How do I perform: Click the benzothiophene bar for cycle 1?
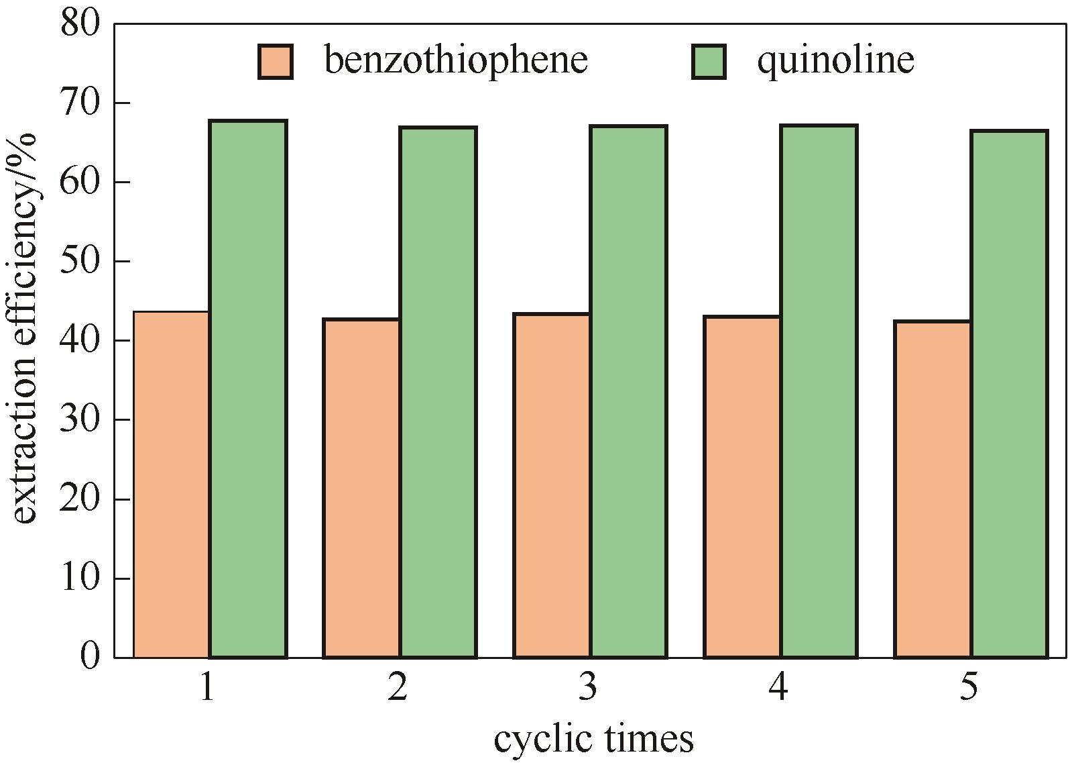point(172,484)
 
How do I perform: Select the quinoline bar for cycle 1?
point(248,389)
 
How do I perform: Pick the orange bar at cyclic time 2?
point(362,488)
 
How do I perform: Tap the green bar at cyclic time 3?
point(628,391)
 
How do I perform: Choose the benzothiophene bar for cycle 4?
point(742,487)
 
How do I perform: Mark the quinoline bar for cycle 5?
point(1009,394)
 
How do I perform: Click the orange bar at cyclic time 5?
point(933,489)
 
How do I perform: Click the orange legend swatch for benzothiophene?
point(276,62)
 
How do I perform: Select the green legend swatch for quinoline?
point(709,62)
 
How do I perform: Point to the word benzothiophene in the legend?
point(456,60)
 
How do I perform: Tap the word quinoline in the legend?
point(835,60)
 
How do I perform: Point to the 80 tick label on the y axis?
point(80,24)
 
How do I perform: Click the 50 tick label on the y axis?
point(80,262)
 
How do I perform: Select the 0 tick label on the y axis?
point(90,656)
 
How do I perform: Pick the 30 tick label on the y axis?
point(80,420)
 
